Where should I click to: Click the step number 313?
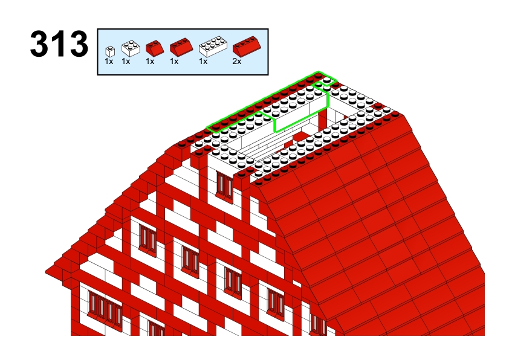59,43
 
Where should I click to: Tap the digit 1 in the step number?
59,43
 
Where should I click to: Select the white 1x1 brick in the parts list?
110,51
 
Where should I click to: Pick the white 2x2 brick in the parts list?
131,48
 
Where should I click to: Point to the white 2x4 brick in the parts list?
213,47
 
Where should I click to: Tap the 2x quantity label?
237,61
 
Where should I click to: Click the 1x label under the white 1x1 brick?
109,61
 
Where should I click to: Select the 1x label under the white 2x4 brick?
203,61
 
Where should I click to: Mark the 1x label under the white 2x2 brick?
126,61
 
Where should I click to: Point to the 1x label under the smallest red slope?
150,61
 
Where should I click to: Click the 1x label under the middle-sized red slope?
174,61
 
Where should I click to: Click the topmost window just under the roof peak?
225,185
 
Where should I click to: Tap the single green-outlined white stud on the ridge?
327,80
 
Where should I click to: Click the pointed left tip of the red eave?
46,272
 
